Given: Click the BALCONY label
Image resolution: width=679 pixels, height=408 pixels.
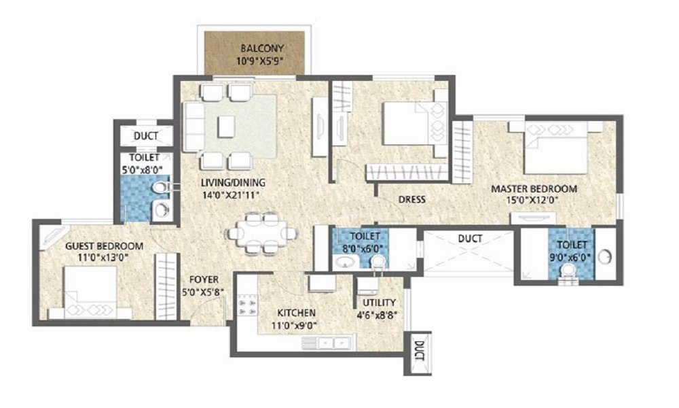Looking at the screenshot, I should point(261,49).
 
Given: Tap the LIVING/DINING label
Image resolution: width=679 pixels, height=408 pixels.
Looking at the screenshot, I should point(232,183).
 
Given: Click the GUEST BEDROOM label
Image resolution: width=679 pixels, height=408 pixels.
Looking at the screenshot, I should point(104,245).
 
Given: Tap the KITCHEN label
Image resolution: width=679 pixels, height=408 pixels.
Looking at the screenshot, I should point(296,313).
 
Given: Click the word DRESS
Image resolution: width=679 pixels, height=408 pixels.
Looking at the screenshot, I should point(412,199).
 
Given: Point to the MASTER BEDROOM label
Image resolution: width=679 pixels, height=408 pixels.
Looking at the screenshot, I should point(534,188).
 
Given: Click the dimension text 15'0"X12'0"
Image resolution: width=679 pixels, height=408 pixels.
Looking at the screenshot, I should point(534,201).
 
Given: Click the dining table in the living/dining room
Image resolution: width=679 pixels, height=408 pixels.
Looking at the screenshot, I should point(262,233).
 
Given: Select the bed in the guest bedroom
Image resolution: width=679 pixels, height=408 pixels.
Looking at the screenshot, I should point(92,291).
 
